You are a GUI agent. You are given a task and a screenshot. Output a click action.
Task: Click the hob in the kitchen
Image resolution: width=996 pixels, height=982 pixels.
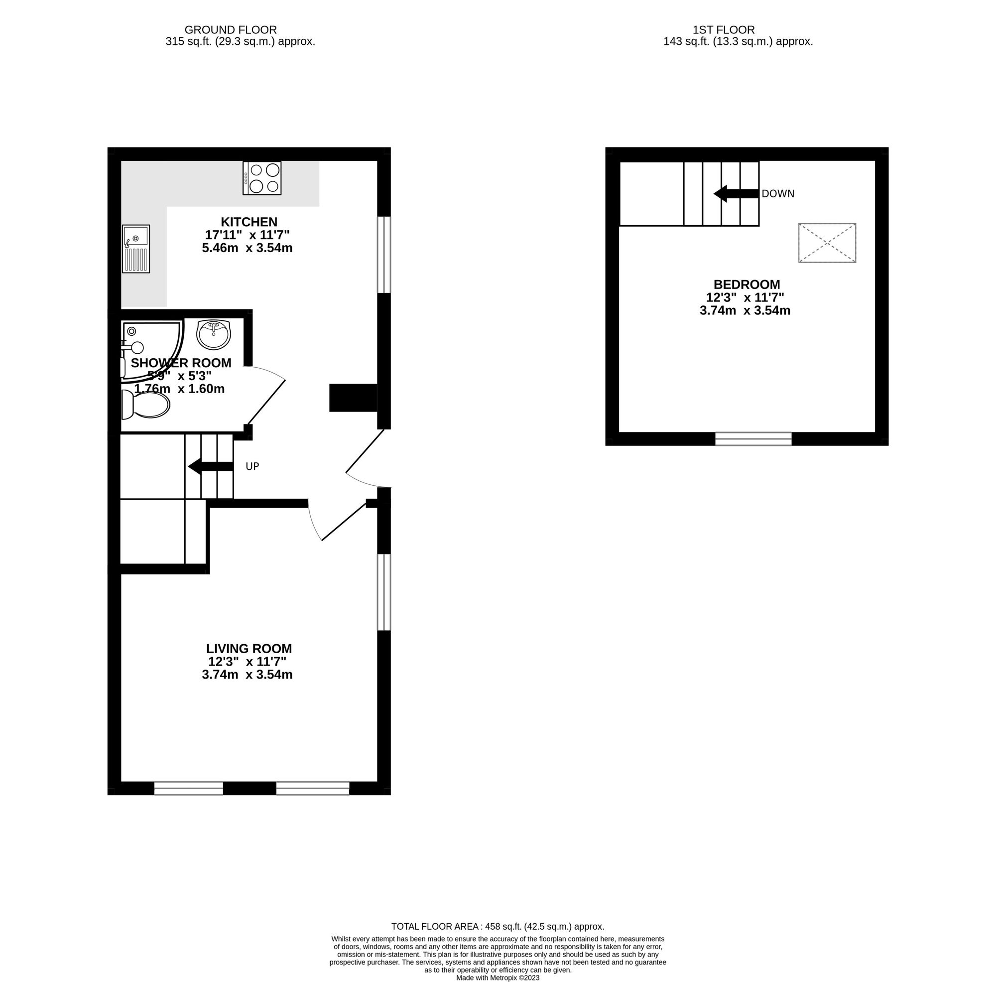tap(262, 178)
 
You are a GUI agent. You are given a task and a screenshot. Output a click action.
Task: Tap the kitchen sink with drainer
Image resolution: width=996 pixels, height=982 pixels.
tap(136, 249)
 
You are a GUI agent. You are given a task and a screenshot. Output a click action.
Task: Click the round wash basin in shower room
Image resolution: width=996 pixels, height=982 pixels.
tap(214, 334)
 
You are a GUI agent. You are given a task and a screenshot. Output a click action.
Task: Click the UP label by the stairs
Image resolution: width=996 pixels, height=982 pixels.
tap(252, 467)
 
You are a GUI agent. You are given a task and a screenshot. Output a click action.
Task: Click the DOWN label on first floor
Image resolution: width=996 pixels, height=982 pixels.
tap(778, 194)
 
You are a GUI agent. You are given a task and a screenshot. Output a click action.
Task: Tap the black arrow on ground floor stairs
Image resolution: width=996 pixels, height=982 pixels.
tap(211, 467)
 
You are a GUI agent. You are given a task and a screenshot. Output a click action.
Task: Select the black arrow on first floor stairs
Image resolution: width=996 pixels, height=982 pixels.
tap(737, 194)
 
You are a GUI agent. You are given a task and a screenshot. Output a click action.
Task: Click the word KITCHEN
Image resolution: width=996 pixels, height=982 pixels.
tap(249, 222)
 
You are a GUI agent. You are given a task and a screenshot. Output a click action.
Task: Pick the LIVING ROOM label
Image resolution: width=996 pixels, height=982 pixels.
tap(249, 649)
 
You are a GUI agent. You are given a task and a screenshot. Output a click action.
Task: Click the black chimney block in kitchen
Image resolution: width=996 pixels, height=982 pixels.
tap(353, 398)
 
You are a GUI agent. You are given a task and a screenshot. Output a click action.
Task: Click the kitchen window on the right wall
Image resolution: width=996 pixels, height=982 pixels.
tap(384, 255)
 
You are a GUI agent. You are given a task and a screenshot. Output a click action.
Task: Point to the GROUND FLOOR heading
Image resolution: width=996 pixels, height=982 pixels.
tap(231, 30)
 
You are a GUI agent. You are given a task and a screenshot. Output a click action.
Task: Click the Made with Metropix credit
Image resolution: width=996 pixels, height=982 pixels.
tap(498, 978)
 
